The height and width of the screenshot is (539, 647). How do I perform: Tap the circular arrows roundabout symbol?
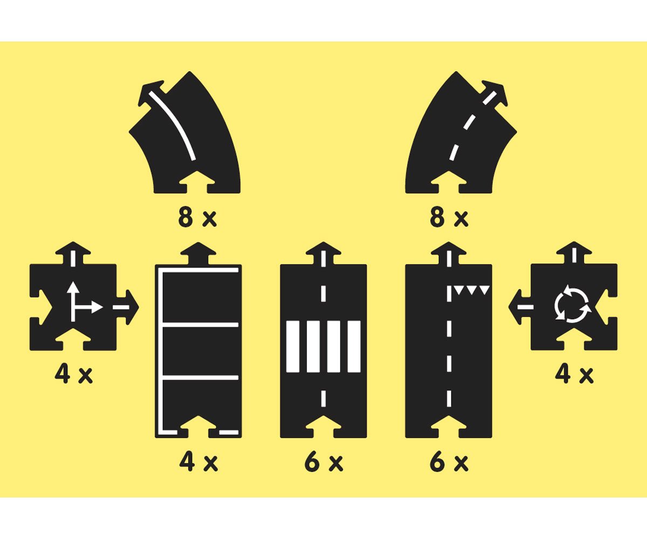pos(573,304)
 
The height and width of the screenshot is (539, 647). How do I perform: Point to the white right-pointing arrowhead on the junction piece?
pos(97,308)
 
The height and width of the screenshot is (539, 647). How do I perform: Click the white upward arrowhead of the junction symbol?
pos(73,287)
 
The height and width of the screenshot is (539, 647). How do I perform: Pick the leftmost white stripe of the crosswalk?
pos(293,347)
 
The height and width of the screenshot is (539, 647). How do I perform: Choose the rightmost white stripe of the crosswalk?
pos(354,347)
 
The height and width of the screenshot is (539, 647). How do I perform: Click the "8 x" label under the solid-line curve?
pos(197,217)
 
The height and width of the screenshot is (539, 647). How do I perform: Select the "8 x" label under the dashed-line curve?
pos(449,217)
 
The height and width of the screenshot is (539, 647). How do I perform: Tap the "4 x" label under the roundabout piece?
pos(574,374)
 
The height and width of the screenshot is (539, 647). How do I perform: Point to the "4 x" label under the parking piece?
pos(198,461)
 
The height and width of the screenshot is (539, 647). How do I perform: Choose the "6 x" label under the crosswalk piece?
pos(324,461)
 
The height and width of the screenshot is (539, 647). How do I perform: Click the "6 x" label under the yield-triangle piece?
pos(449,461)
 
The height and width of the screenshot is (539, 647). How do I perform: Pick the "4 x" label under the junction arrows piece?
pos(73,374)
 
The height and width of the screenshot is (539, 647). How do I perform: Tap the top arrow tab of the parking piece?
pos(198,253)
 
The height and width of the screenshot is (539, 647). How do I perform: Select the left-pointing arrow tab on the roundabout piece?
pos(520,307)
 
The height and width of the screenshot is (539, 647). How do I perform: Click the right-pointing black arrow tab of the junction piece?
pos(128,307)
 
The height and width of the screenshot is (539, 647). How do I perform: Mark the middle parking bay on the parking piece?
pos(200,351)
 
